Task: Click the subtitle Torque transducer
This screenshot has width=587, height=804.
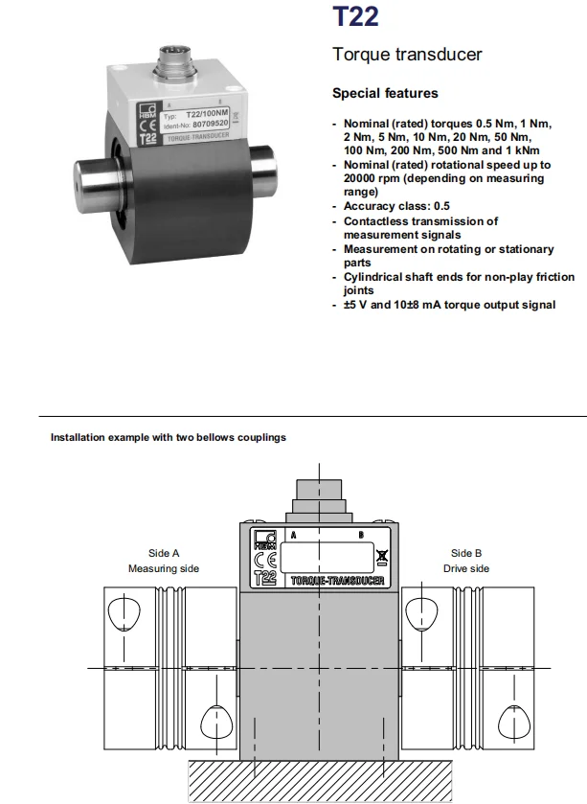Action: click(407, 55)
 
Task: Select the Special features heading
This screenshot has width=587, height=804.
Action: click(385, 93)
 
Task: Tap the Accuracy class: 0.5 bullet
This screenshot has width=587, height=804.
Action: click(396, 206)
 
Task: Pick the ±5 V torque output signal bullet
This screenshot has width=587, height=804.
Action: click(449, 305)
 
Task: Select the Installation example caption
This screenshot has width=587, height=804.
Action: click(168, 438)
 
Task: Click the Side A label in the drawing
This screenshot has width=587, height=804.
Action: click(164, 553)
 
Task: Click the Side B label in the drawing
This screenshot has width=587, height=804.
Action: click(466, 553)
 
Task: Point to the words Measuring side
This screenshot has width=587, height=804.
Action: click(164, 568)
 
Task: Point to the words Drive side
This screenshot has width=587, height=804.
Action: click(466, 568)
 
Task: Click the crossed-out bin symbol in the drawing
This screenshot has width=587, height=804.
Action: click(382, 555)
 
